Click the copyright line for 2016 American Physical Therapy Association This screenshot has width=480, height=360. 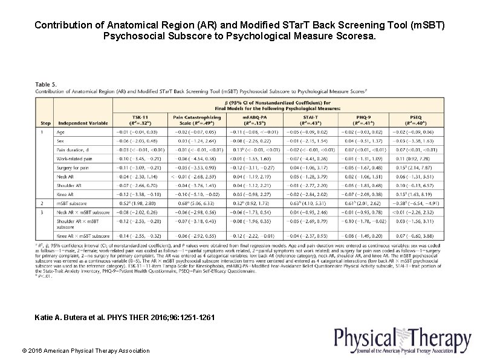tap(85, 350)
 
